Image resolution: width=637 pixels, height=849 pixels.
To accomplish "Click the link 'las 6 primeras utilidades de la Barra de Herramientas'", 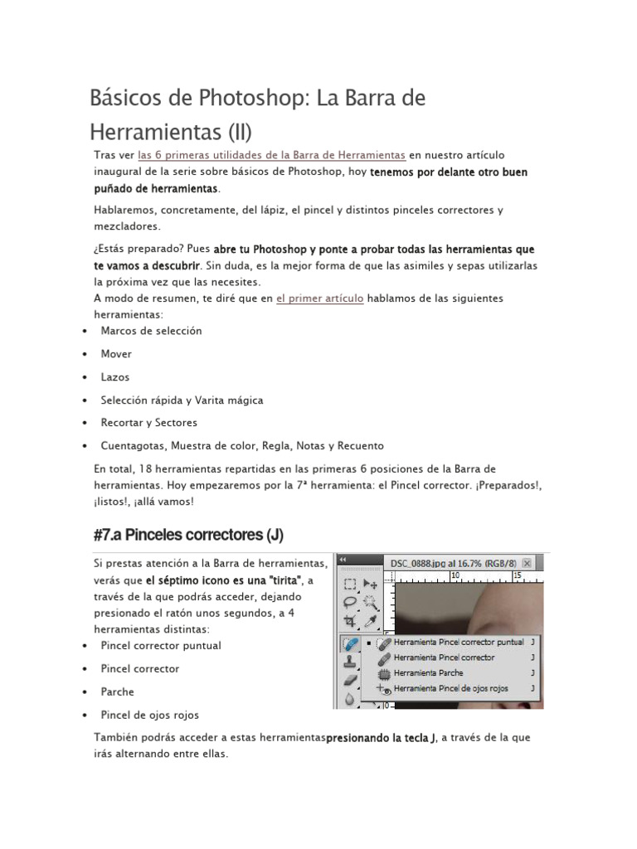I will [x=271, y=155].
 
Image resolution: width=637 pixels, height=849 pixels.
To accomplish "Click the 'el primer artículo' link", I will [x=319, y=298].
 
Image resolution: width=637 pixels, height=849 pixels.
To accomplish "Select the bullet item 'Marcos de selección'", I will [x=151, y=331].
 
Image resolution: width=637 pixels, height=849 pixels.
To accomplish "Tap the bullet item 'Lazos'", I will [x=115, y=377].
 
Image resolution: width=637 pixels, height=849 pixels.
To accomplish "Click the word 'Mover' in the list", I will [x=116, y=354].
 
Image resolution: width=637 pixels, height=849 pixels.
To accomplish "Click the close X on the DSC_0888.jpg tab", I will [x=526, y=564].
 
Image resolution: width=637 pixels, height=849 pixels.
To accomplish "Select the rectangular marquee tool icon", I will [x=350, y=584].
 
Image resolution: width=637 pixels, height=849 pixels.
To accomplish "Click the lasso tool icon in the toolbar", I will [x=350, y=602].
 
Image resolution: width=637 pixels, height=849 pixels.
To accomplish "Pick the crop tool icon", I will [x=350, y=621].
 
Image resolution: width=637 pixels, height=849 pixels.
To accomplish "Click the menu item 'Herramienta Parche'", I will [x=428, y=672].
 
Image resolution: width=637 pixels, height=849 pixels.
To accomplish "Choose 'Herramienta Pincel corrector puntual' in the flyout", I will [x=458, y=642].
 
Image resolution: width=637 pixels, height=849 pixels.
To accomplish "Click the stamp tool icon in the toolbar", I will [x=350, y=661].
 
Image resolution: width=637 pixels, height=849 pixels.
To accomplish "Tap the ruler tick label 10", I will [x=455, y=575].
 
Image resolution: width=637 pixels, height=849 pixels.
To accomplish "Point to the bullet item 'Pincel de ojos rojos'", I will [x=149, y=715].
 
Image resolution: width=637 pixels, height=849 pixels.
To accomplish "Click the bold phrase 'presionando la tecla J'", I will [x=381, y=738].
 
